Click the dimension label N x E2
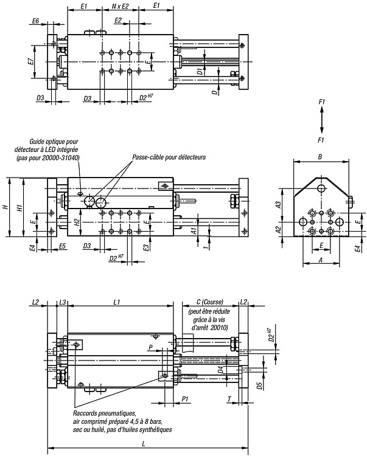(x=120, y=6)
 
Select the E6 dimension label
(x=35, y=21)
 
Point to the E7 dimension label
(x=30, y=61)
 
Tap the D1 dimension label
(x=200, y=71)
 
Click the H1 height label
(x=19, y=207)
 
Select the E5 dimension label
(x=62, y=246)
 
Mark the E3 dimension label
(x=147, y=247)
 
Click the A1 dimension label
(x=194, y=231)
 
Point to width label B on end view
(x=320, y=157)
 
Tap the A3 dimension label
(x=279, y=204)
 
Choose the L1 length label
(x=117, y=302)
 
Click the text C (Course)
(x=210, y=302)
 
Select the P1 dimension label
(x=185, y=399)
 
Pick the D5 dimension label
(x=259, y=385)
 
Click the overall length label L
(x=144, y=444)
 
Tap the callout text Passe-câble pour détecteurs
(x=169, y=157)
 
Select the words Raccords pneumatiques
(x=105, y=413)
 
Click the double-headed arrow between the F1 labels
(x=321, y=120)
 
